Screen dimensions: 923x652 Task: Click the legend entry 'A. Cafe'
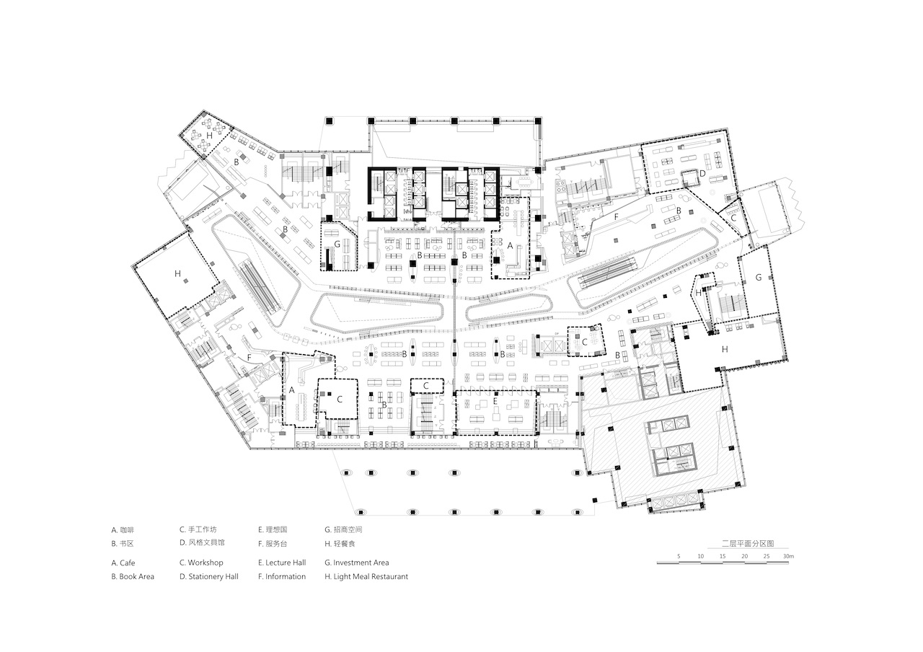coord(123,563)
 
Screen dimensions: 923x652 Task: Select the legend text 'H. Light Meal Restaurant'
coord(366,576)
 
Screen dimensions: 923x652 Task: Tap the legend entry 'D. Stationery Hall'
coord(209,576)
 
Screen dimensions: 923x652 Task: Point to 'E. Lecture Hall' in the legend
coord(282,563)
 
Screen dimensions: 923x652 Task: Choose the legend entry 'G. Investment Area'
coord(357,563)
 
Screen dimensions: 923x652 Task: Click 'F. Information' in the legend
coord(282,576)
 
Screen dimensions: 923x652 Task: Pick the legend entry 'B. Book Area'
coord(133,576)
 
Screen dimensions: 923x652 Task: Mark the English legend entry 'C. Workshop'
coord(201,563)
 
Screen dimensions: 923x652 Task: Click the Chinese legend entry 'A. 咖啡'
coord(123,530)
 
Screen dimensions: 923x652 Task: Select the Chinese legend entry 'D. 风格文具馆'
coord(203,543)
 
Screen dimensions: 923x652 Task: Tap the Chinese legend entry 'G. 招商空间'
coord(344,529)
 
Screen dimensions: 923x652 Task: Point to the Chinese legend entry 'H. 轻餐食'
coord(340,544)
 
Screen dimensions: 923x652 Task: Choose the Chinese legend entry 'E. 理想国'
coord(273,529)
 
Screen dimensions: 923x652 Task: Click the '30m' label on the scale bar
coord(788,556)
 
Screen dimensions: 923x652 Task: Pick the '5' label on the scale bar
coord(679,556)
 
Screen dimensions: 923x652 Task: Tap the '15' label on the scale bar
coord(723,556)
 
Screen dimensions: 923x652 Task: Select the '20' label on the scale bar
coord(745,556)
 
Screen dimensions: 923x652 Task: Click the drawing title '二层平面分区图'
coord(748,544)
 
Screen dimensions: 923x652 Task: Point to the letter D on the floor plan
coord(702,174)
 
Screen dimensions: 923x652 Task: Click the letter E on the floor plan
coord(495,400)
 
